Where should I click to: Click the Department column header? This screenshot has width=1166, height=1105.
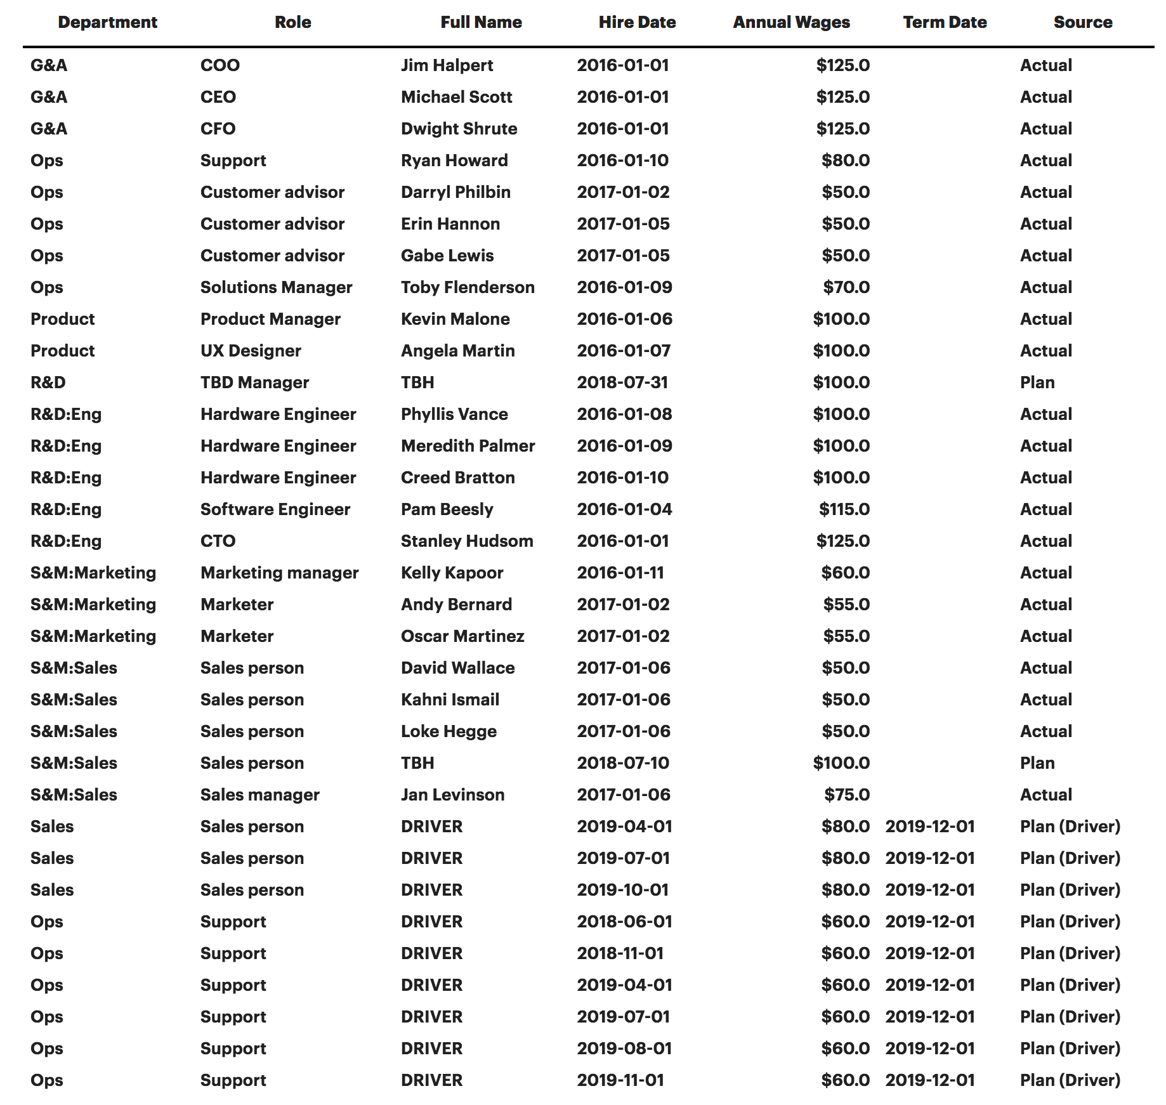pyautogui.click(x=107, y=22)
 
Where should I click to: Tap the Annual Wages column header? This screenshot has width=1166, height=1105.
pyautogui.click(x=791, y=22)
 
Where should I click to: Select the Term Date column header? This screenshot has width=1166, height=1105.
pyautogui.click(x=945, y=22)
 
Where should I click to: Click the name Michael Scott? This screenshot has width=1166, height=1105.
pyautogui.click(x=456, y=97)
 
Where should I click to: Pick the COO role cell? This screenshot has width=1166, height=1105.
pyautogui.click(x=219, y=65)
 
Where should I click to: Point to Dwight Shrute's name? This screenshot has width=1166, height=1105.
pyautogui.click(x=459, y=129)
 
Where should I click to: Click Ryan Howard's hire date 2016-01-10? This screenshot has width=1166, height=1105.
pyautogui.click(x=622, y=160)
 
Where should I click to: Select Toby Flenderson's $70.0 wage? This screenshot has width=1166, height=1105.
pyautogui.click(x=846, y=287)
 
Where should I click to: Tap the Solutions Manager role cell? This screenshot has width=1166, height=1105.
pyautogui.click(x=276, y=287)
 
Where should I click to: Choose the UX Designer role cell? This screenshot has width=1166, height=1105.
pyautogui.click(x=251, y=351)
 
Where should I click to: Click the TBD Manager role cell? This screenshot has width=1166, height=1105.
pyautogui.click(x=254, y=383)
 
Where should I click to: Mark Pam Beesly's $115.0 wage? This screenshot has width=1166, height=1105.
pyautogui.click(x=844, y=509)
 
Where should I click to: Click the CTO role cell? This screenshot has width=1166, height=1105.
pyautogui.click(x=218, y=541)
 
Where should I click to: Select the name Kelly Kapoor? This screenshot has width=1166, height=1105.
pyautogui.click(x=452, y=573)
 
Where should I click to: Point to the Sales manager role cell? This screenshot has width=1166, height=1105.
pyautogui.click(x=259, y=795)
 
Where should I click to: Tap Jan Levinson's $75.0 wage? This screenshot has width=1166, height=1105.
pyautogui.click(x=846, y=795)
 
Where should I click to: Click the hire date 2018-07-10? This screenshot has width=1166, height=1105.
pyautogui.click(x=622, y=763)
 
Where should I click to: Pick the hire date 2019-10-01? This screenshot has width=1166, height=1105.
pyautogui.click(x=622, y=890)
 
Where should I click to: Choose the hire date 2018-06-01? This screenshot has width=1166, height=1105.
pyautogui.click(x=624, y=922)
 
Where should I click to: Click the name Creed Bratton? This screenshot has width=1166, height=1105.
pyautogui.click(x=457, y=478)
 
